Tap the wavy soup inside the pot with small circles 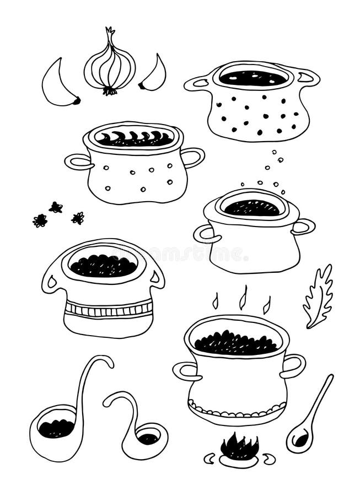(135, 138)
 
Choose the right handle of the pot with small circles (193, 157)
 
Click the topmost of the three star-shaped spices (56, 207)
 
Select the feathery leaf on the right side (319, 295)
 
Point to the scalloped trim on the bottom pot (237, 411)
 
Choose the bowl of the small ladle (148, 439)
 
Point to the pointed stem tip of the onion (109, 30)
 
